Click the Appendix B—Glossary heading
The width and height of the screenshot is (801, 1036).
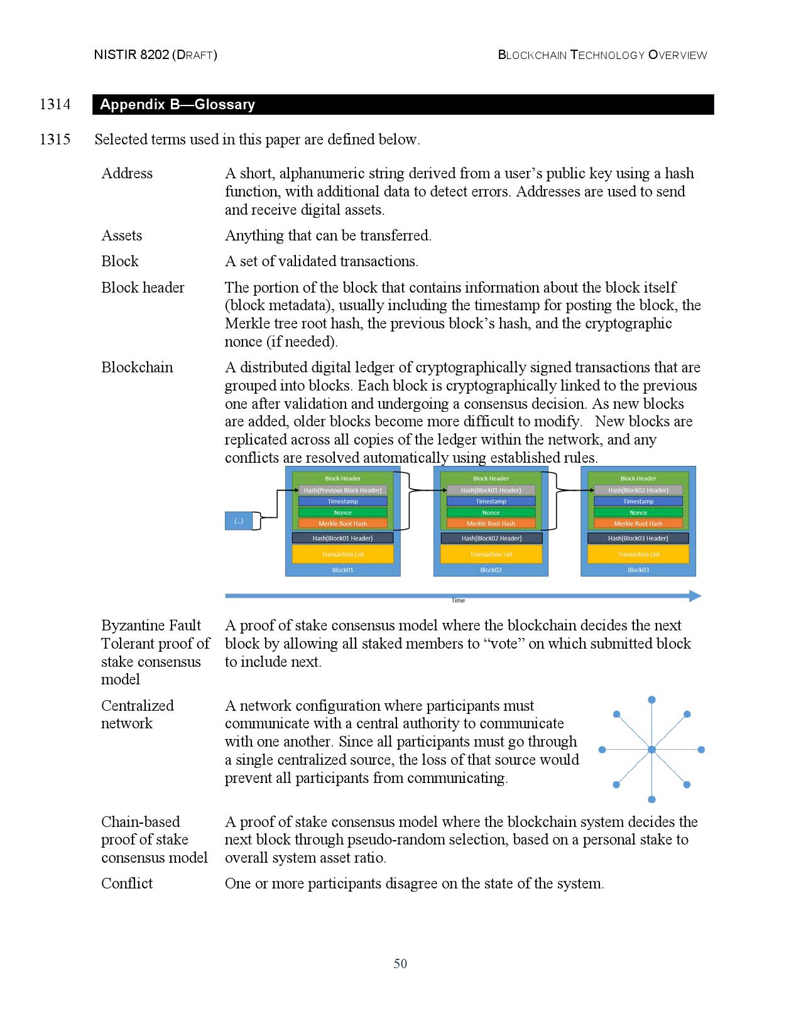[177, 104]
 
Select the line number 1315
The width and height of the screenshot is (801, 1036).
[55, 139]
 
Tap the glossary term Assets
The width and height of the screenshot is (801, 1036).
[122, 235]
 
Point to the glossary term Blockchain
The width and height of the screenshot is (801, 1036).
[137, 367]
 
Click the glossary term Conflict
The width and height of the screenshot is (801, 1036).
[127, 883]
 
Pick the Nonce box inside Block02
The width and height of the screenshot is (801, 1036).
[491, 512]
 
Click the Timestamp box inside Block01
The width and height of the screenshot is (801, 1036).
[342, 501]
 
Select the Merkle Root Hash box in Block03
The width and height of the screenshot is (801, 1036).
[638, 524]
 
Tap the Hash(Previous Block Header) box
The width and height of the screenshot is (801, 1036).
[342, 490]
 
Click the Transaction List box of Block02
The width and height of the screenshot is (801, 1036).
[491, 554]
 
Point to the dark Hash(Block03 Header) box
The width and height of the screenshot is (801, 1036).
[638, 538]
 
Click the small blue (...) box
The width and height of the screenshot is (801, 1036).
[239, 521]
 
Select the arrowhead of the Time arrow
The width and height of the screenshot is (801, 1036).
[695, 596]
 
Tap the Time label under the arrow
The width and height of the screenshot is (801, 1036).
[458, 601]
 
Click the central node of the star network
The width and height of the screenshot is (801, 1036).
[651, 750]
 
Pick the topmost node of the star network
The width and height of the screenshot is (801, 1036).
[651, 700]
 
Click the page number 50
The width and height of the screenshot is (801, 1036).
[400, 964]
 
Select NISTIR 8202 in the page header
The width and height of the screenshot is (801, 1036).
[132, 55]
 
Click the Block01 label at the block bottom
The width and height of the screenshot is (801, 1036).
[342, 569]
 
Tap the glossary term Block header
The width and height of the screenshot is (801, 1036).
[143, 288]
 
